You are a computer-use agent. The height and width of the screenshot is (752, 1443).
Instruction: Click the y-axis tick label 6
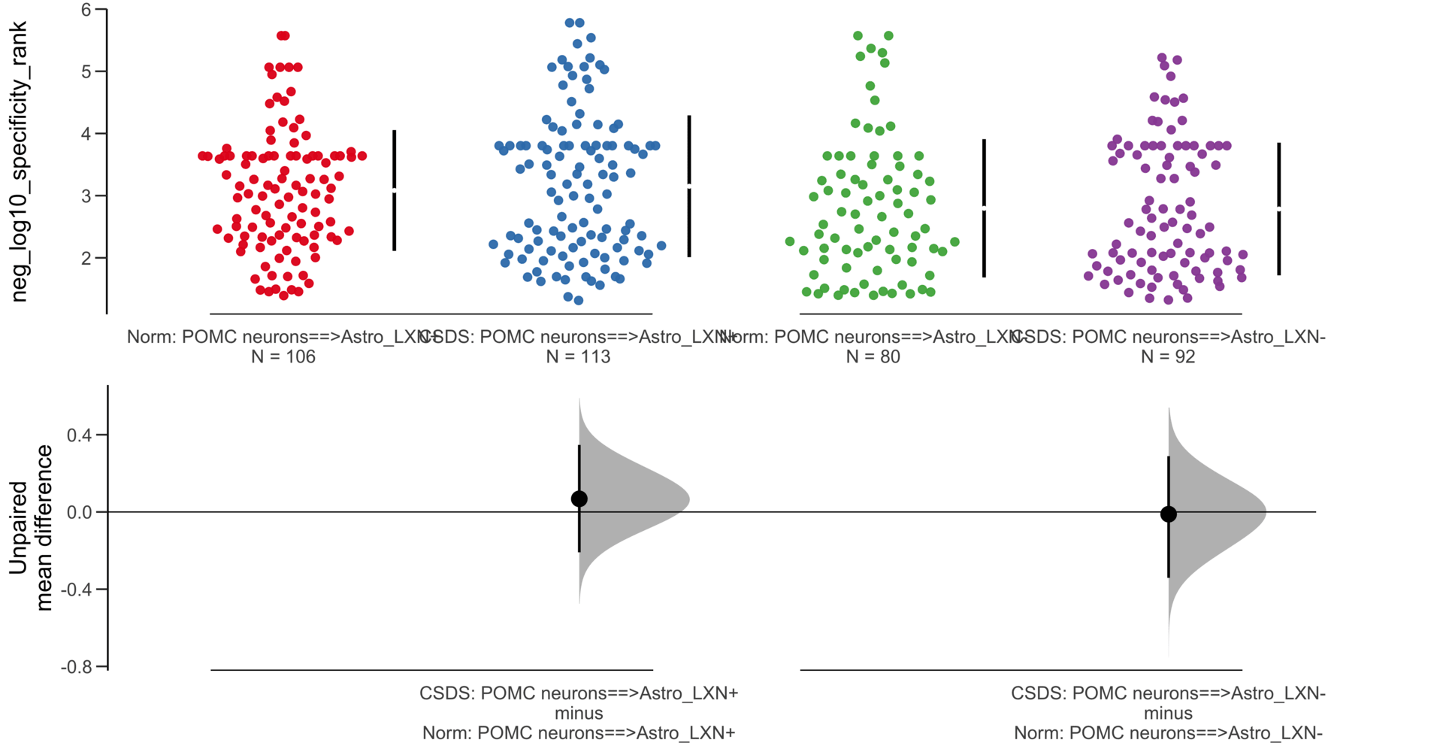(x=86, y=10)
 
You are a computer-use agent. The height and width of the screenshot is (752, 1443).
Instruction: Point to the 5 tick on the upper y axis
(x=86, y=72)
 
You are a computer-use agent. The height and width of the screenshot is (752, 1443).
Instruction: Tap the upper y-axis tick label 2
(x=86, y=258)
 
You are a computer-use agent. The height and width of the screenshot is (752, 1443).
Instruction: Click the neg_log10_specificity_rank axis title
(x=18, y=162)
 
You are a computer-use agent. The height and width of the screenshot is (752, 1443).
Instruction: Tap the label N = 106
(x=283, y=356)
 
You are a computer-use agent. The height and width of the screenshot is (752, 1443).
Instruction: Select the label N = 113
(x=578, y=356)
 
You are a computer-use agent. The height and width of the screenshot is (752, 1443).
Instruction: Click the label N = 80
(x=873, y=356)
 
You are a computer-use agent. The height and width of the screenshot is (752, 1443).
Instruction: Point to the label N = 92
(x=1168, y=356)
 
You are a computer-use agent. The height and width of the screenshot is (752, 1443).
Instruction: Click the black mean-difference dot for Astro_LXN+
(x=579, y=499)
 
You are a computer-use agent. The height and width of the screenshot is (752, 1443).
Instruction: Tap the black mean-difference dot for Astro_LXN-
(x=1168, y=514)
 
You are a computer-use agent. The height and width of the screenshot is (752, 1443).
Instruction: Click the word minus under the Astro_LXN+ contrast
(x=579, y=713)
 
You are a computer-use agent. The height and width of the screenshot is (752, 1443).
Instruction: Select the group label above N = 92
(x=1168, y=337)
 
